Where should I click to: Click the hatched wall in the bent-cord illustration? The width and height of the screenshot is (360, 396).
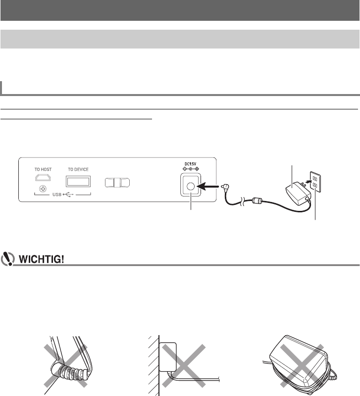coord(153,364)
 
